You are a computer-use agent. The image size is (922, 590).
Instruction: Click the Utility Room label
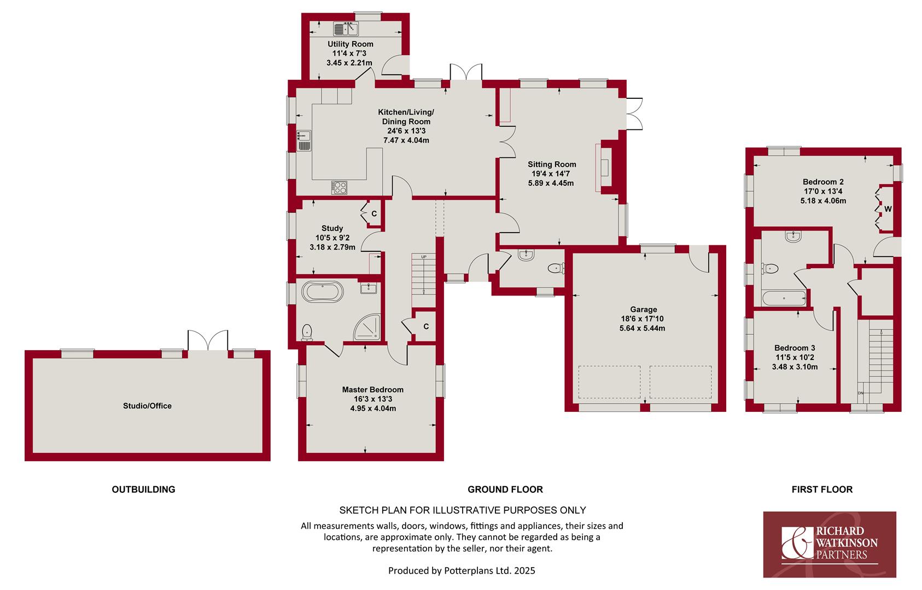(351, 44)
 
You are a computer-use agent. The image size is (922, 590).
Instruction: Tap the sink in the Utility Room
(346, 29)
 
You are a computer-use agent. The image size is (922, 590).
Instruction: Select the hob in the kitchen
(339, 188)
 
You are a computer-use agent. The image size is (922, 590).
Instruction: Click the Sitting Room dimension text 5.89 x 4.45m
(551, 183)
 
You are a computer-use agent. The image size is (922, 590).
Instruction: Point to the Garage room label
(643, 309)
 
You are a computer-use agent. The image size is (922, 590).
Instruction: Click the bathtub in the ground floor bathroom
(322, 292)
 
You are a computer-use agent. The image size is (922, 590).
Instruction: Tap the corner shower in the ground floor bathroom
(367, 327)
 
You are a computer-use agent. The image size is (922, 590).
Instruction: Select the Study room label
(332, 228)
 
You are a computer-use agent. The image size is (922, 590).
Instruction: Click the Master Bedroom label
(373, 390)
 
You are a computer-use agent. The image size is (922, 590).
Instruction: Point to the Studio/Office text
(147, 406)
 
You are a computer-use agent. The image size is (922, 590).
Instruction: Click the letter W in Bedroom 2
(888, 209)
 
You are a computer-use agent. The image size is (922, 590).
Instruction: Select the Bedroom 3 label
(795, 348)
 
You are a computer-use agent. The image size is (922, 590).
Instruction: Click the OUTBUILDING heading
(144, 489)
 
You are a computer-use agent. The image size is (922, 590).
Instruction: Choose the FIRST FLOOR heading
(822, 489)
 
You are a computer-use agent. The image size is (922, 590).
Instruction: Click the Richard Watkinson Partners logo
(830, 544)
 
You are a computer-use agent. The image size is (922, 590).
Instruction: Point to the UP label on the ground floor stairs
(424, 257)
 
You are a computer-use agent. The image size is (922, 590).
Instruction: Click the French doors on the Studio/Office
(208, 340)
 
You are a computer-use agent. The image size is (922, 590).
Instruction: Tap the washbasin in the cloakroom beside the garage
(526, 255)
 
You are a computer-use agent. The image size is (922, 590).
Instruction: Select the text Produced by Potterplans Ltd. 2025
(462, 571)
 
